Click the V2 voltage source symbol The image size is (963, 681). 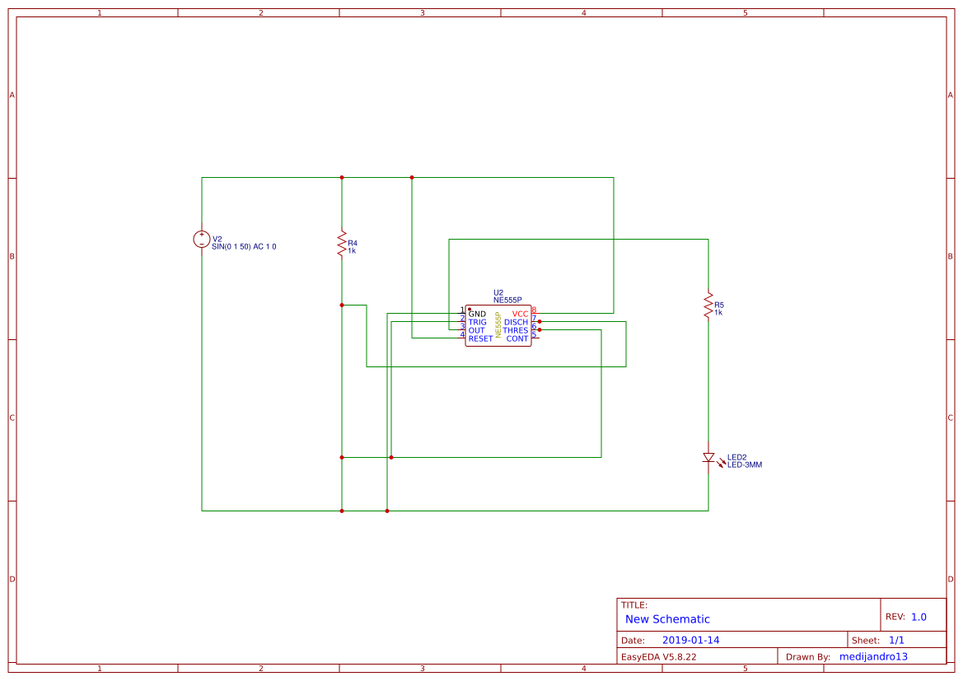(x=202, y=239)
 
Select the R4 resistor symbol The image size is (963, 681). (x=342, y=244)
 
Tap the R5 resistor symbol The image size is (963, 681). (x=708, y=305)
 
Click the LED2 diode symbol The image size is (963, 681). (x=708, y=457)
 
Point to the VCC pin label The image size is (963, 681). (x=520, y=314)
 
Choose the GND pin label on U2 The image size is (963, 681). (x=477, y=314)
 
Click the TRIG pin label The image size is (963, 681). (x=477, y=322)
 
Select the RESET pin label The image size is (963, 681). (x=480, y=338)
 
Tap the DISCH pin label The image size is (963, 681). (x=516, y=322)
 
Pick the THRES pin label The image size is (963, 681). (x=516, y=330)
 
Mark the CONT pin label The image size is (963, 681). (x=517, y=338)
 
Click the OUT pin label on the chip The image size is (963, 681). (x=476, y=330)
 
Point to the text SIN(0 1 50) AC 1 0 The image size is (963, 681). (x=244, y=246)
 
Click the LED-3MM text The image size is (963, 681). (x=745, y=465)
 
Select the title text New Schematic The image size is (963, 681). (x=667, y=619)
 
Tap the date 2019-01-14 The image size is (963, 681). (x=690, y=640)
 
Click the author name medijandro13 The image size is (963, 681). (x=873, y=656)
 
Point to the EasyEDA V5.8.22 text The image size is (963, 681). (x=658, y=656)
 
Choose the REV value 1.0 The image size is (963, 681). (x=919, y=617)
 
